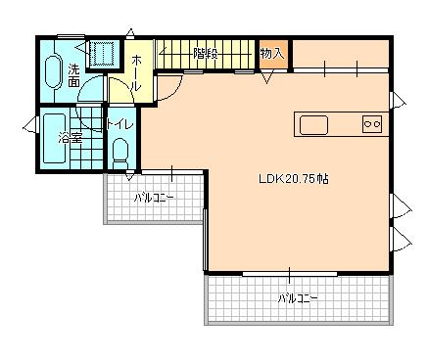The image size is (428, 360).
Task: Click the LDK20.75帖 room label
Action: pyautogui.click(x=293, y=179)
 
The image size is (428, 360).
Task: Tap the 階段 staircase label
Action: pyautogui.click(x=205, y=53)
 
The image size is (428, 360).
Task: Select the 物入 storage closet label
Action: pyautogui.click(x=271, y=54)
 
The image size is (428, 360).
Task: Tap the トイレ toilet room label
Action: pyautogui.click(x=119, y=124)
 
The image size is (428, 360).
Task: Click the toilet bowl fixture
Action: pyautogui.click(x=119, y=152)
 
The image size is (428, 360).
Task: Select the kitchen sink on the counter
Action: pyautogui.click(x=313, y=124)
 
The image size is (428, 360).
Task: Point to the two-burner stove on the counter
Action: pyautogui.click(x=371, y=123)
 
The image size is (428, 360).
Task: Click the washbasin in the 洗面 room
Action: pyautogui.click(x=53, y=71)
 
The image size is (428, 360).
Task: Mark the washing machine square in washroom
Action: pyautogui.click(x=100, y=53)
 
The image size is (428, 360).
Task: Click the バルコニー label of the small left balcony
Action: pyautogui.click(x=154, y=197)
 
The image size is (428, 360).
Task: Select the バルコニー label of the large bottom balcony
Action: pyautogui.click(x=297, y=296)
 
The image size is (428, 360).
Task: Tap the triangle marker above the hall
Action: pyautogui.click(x=132, y=34)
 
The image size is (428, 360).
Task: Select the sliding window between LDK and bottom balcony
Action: pyautogui.click(x=289, y=272)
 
